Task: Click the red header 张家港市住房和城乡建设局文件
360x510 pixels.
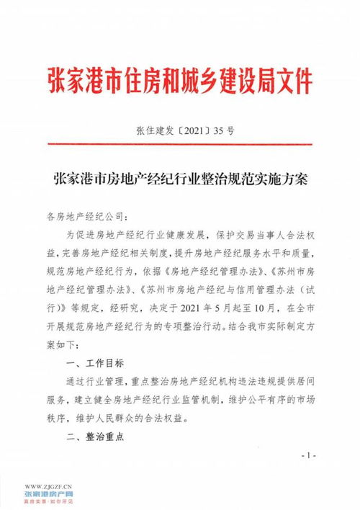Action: (x=179, y=79)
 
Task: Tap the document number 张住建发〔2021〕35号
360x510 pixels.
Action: (x=184, y=131)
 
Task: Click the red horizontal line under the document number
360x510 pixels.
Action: (x=180, y=145)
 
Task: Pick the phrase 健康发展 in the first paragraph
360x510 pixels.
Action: (x=190, y=235)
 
